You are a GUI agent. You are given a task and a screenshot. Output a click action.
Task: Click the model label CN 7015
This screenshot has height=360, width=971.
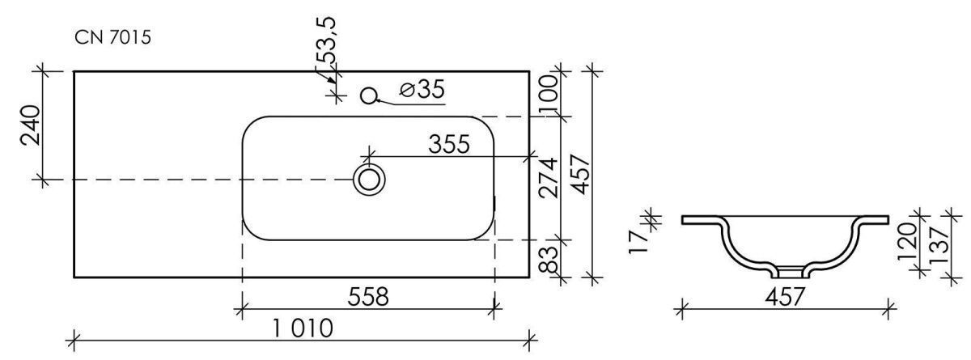(112, 38)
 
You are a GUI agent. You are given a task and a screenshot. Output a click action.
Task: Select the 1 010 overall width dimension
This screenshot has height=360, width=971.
(303, 328)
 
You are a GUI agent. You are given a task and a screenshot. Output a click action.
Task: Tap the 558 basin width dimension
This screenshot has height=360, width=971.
(368, 297)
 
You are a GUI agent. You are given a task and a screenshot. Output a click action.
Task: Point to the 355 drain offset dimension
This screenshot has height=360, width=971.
(448, 144)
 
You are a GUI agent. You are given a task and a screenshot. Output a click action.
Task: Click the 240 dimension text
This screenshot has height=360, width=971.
(31, 125)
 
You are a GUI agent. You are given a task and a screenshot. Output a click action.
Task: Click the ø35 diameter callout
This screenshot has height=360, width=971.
(422, 89)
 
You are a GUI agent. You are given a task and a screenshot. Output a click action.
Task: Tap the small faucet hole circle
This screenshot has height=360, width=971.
(368, 95)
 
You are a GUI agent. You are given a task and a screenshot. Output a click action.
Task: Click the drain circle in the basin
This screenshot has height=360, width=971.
(369, 180)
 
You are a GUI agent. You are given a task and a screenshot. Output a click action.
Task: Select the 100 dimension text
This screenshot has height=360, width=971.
(548, 95)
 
